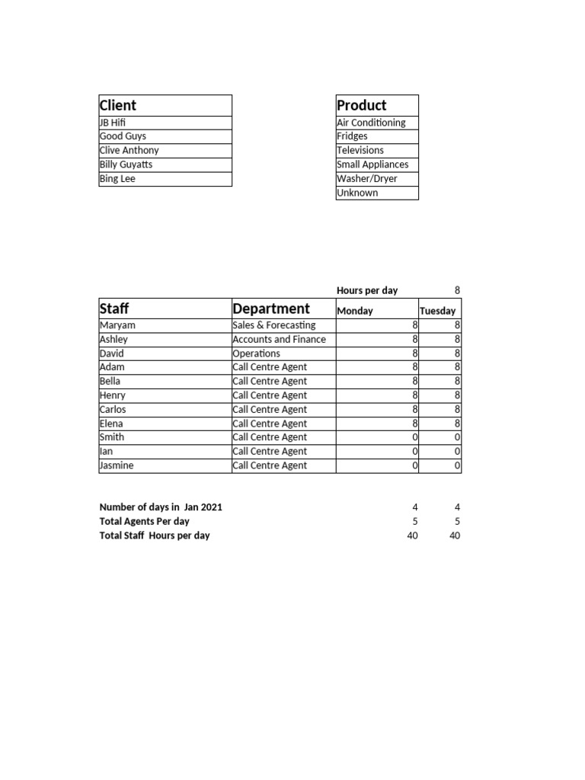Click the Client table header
(x=118, y=105)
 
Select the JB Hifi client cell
(x=113, y=123)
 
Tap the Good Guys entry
(x=123, y=136)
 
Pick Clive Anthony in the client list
(x=129, y=150)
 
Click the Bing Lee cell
(x=117, y=179)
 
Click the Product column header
(x=362, y=105)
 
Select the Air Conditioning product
(x=371, y=123)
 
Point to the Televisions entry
(x=360, y=150)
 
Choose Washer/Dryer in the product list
(x=367, y=179)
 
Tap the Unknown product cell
(x=357, y=193)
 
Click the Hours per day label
(x=367, y=290)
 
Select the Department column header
(x=271, y=308)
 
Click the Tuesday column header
(x=437, y=311)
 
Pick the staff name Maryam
(x=117, y=325)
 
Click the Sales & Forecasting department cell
(x=273, y=325)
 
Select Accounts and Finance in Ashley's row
(x=279, y=340)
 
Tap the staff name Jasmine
(x=117, y=465)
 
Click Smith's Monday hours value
(x=414, y=437)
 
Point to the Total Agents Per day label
(x=145, y=521)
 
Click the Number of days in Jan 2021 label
(x=161, y=507)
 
